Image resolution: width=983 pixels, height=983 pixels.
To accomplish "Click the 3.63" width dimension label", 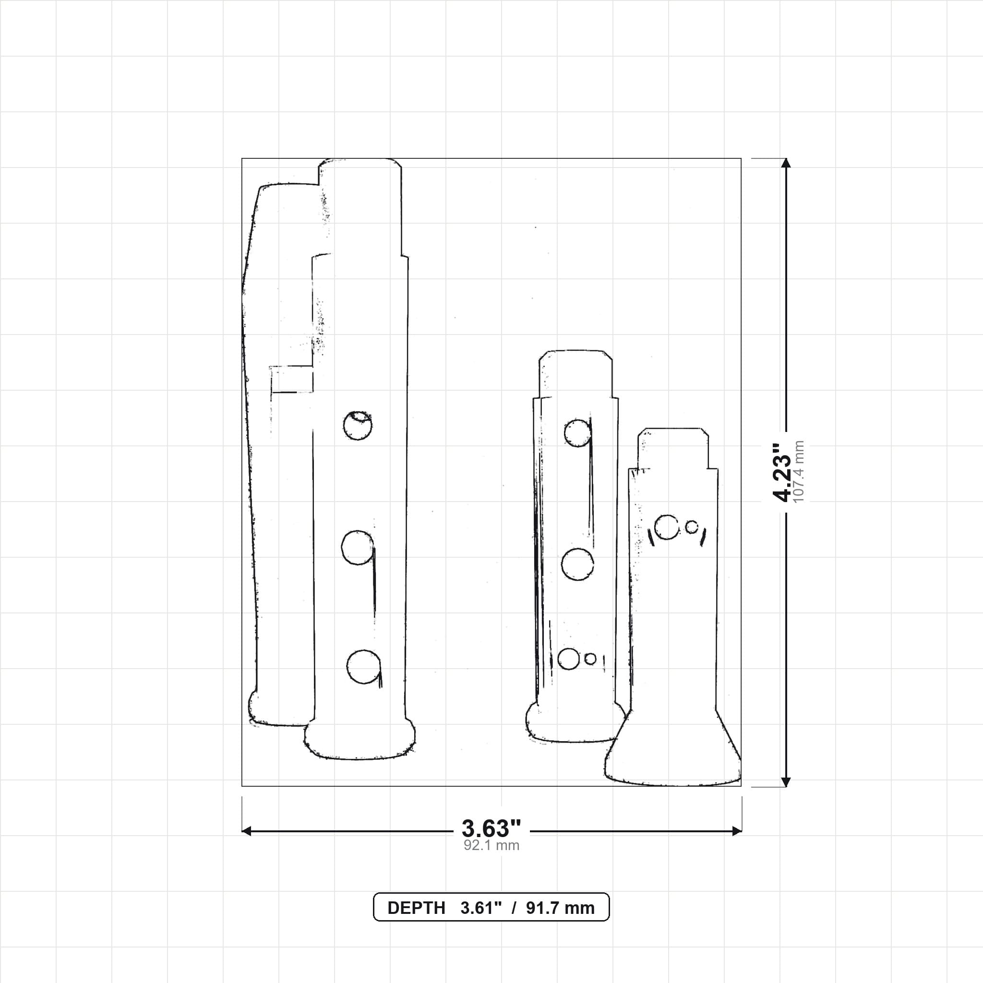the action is coord(491,828).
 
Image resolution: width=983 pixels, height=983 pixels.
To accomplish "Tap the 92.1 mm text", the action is coord(491,846).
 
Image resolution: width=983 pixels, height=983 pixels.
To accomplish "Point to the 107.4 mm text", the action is coord(798,472).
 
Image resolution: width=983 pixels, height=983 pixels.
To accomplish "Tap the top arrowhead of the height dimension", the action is coord(786,163).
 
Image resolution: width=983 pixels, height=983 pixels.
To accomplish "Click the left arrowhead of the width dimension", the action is coord(247,831).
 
